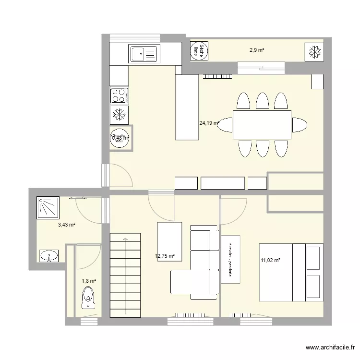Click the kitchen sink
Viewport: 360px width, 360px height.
point(143,53)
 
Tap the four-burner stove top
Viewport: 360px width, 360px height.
point(120,95)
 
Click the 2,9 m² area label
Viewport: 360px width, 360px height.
point(257,49)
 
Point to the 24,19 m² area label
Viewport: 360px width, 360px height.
point(208,123)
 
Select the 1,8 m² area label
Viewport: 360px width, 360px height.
point(89,281)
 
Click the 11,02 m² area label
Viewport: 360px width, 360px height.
point(270,261)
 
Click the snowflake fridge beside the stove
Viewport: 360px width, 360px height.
point(119,114)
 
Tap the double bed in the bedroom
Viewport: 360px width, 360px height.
point(291,272)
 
